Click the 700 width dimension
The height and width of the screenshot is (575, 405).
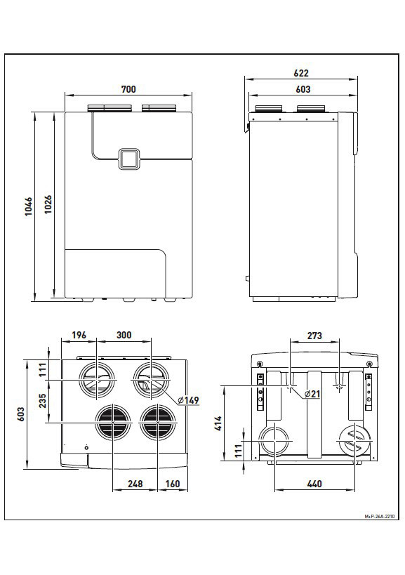(x=128, y=89)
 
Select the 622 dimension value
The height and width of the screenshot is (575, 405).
(x=301, y=73)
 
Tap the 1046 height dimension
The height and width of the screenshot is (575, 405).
(x=29, y=206)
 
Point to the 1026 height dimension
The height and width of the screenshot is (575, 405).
(x=48, y=204)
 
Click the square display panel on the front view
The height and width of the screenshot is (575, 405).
(x=128, y=159)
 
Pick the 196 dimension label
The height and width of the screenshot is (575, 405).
(x=79, y=335)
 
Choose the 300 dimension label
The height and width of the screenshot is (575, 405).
(x=124, y=335)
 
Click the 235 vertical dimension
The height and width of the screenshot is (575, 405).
(x=43, y=400)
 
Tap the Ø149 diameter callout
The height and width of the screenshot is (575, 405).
(x=188, y=400)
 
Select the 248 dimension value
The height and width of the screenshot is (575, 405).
(x=135, y=484)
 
